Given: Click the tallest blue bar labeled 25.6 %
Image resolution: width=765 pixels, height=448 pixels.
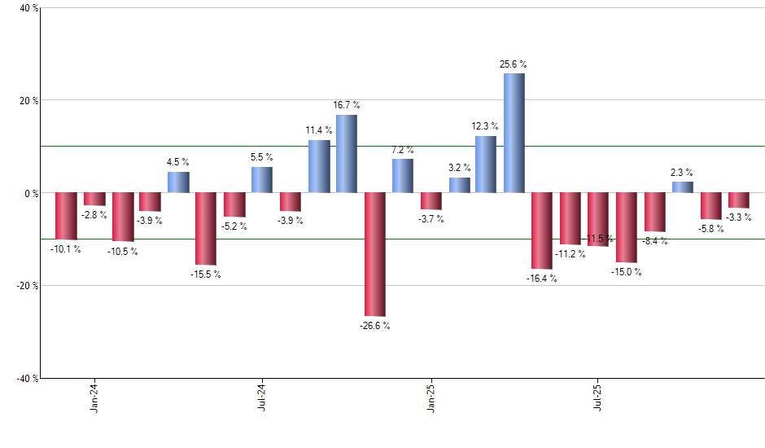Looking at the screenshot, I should [x=514, y=133].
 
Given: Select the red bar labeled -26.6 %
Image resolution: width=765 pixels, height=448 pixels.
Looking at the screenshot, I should [x=374, y=254].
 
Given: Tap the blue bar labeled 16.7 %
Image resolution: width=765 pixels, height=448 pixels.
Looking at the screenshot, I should [x=346, y=154].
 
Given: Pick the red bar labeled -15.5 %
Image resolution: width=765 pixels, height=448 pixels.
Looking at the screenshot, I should [x=206, y=229].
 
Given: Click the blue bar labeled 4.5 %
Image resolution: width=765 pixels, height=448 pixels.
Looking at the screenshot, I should [x=178, y=182].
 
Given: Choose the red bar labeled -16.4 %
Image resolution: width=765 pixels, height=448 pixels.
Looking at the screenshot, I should [x=542, y=231].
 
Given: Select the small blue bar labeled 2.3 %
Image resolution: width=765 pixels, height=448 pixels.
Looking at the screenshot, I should [x=683, y=187].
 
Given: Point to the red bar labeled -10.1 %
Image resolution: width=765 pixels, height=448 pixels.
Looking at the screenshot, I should [x=66, y=216].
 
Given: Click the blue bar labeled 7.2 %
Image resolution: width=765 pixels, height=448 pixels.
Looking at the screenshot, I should [x=402, y=176].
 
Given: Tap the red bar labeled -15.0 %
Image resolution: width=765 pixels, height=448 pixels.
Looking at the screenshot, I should [x=627, y=227].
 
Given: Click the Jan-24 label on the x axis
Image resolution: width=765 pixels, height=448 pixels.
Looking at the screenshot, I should [x=94, y=397].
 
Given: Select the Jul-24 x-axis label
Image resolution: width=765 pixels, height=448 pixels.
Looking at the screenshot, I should [x=262, y=397].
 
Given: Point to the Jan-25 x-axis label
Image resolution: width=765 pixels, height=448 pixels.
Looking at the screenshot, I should [x=431, y=397].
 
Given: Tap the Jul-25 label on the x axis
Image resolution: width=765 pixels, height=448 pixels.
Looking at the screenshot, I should [x=598, y=397].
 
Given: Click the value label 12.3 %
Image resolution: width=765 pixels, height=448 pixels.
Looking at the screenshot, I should [x=486, y=126].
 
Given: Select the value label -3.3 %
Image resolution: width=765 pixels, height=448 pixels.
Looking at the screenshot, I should [x=739, y=217].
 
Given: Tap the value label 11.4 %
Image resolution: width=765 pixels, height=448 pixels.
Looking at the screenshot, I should [x=318, y=130].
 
